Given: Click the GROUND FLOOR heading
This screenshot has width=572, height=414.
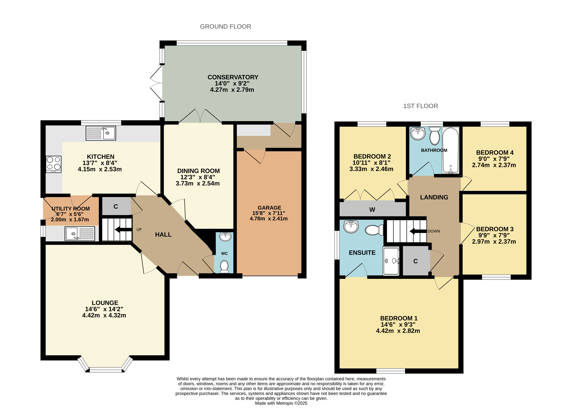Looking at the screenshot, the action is tap(225, 26).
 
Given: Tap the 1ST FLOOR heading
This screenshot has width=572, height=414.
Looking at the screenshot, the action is tap(420, 106).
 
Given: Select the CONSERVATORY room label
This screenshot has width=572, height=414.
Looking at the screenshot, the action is tap(233, 77).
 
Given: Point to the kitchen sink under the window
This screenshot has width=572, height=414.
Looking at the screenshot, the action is tap(101, 133).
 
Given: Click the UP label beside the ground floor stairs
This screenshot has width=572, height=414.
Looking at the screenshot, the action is tap(139, 229).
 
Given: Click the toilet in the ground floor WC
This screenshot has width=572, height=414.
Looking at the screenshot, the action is tap(224, 266).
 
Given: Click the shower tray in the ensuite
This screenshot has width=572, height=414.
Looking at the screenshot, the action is tap(391, 261).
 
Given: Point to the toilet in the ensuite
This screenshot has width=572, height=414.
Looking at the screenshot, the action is tap(374, 230).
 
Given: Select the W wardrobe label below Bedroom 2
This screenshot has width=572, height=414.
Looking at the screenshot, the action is tap(372, 209).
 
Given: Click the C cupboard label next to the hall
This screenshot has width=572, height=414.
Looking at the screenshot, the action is tap(116, 206).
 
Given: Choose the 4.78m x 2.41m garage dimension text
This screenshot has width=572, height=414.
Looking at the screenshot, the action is tap(269, 219).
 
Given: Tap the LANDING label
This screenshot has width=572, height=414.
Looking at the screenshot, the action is tap(434, 197).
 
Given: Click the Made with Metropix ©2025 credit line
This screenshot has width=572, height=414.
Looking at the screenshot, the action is tap(281, 403).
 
